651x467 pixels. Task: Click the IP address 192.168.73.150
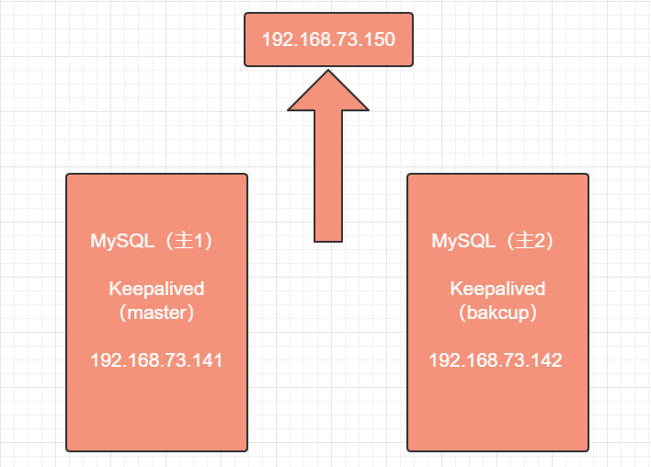pos(328,40)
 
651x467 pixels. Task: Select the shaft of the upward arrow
pos(328,176)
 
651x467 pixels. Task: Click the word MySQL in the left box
pos(122,241)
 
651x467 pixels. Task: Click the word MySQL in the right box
pos(463,241)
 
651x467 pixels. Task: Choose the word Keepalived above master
pos(156,289)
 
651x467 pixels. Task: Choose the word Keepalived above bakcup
pos(497,289)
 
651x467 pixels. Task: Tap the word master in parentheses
pos(156,313)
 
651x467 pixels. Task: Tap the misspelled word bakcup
pos(497,313)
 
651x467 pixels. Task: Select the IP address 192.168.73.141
pos(156,359)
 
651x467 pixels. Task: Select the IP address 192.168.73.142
pos(496,359)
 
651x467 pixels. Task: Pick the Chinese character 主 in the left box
pos(183,241)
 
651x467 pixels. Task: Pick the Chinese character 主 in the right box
pos(524,241)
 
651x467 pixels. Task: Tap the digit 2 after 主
pos(540,241)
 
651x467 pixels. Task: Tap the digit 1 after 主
pos(199,241)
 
